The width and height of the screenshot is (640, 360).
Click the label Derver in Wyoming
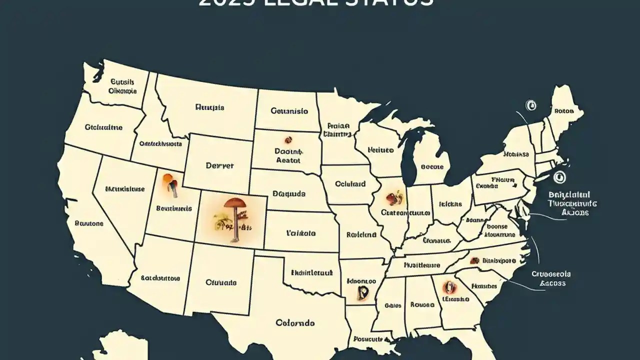point(219,166)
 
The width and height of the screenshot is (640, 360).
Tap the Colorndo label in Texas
point(295,323)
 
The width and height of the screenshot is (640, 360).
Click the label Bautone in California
point(89,223)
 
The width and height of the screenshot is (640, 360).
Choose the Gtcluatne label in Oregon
point(103,127)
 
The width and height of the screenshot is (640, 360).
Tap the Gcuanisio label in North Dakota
point(289,111)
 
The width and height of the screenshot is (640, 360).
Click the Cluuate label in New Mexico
point(221,282)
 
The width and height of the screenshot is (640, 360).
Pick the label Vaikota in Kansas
point(300,232)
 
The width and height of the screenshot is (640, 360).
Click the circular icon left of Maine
point(530,105)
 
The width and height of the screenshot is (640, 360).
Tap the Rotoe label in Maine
point(564,111)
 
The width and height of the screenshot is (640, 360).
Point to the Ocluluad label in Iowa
point(350,184)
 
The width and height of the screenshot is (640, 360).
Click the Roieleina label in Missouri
point(361,233)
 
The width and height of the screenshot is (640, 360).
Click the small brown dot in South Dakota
point(287,139)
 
